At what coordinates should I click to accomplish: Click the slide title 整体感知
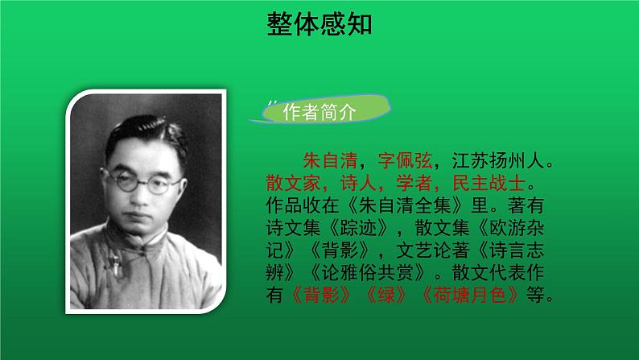click(x=319, y=25)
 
